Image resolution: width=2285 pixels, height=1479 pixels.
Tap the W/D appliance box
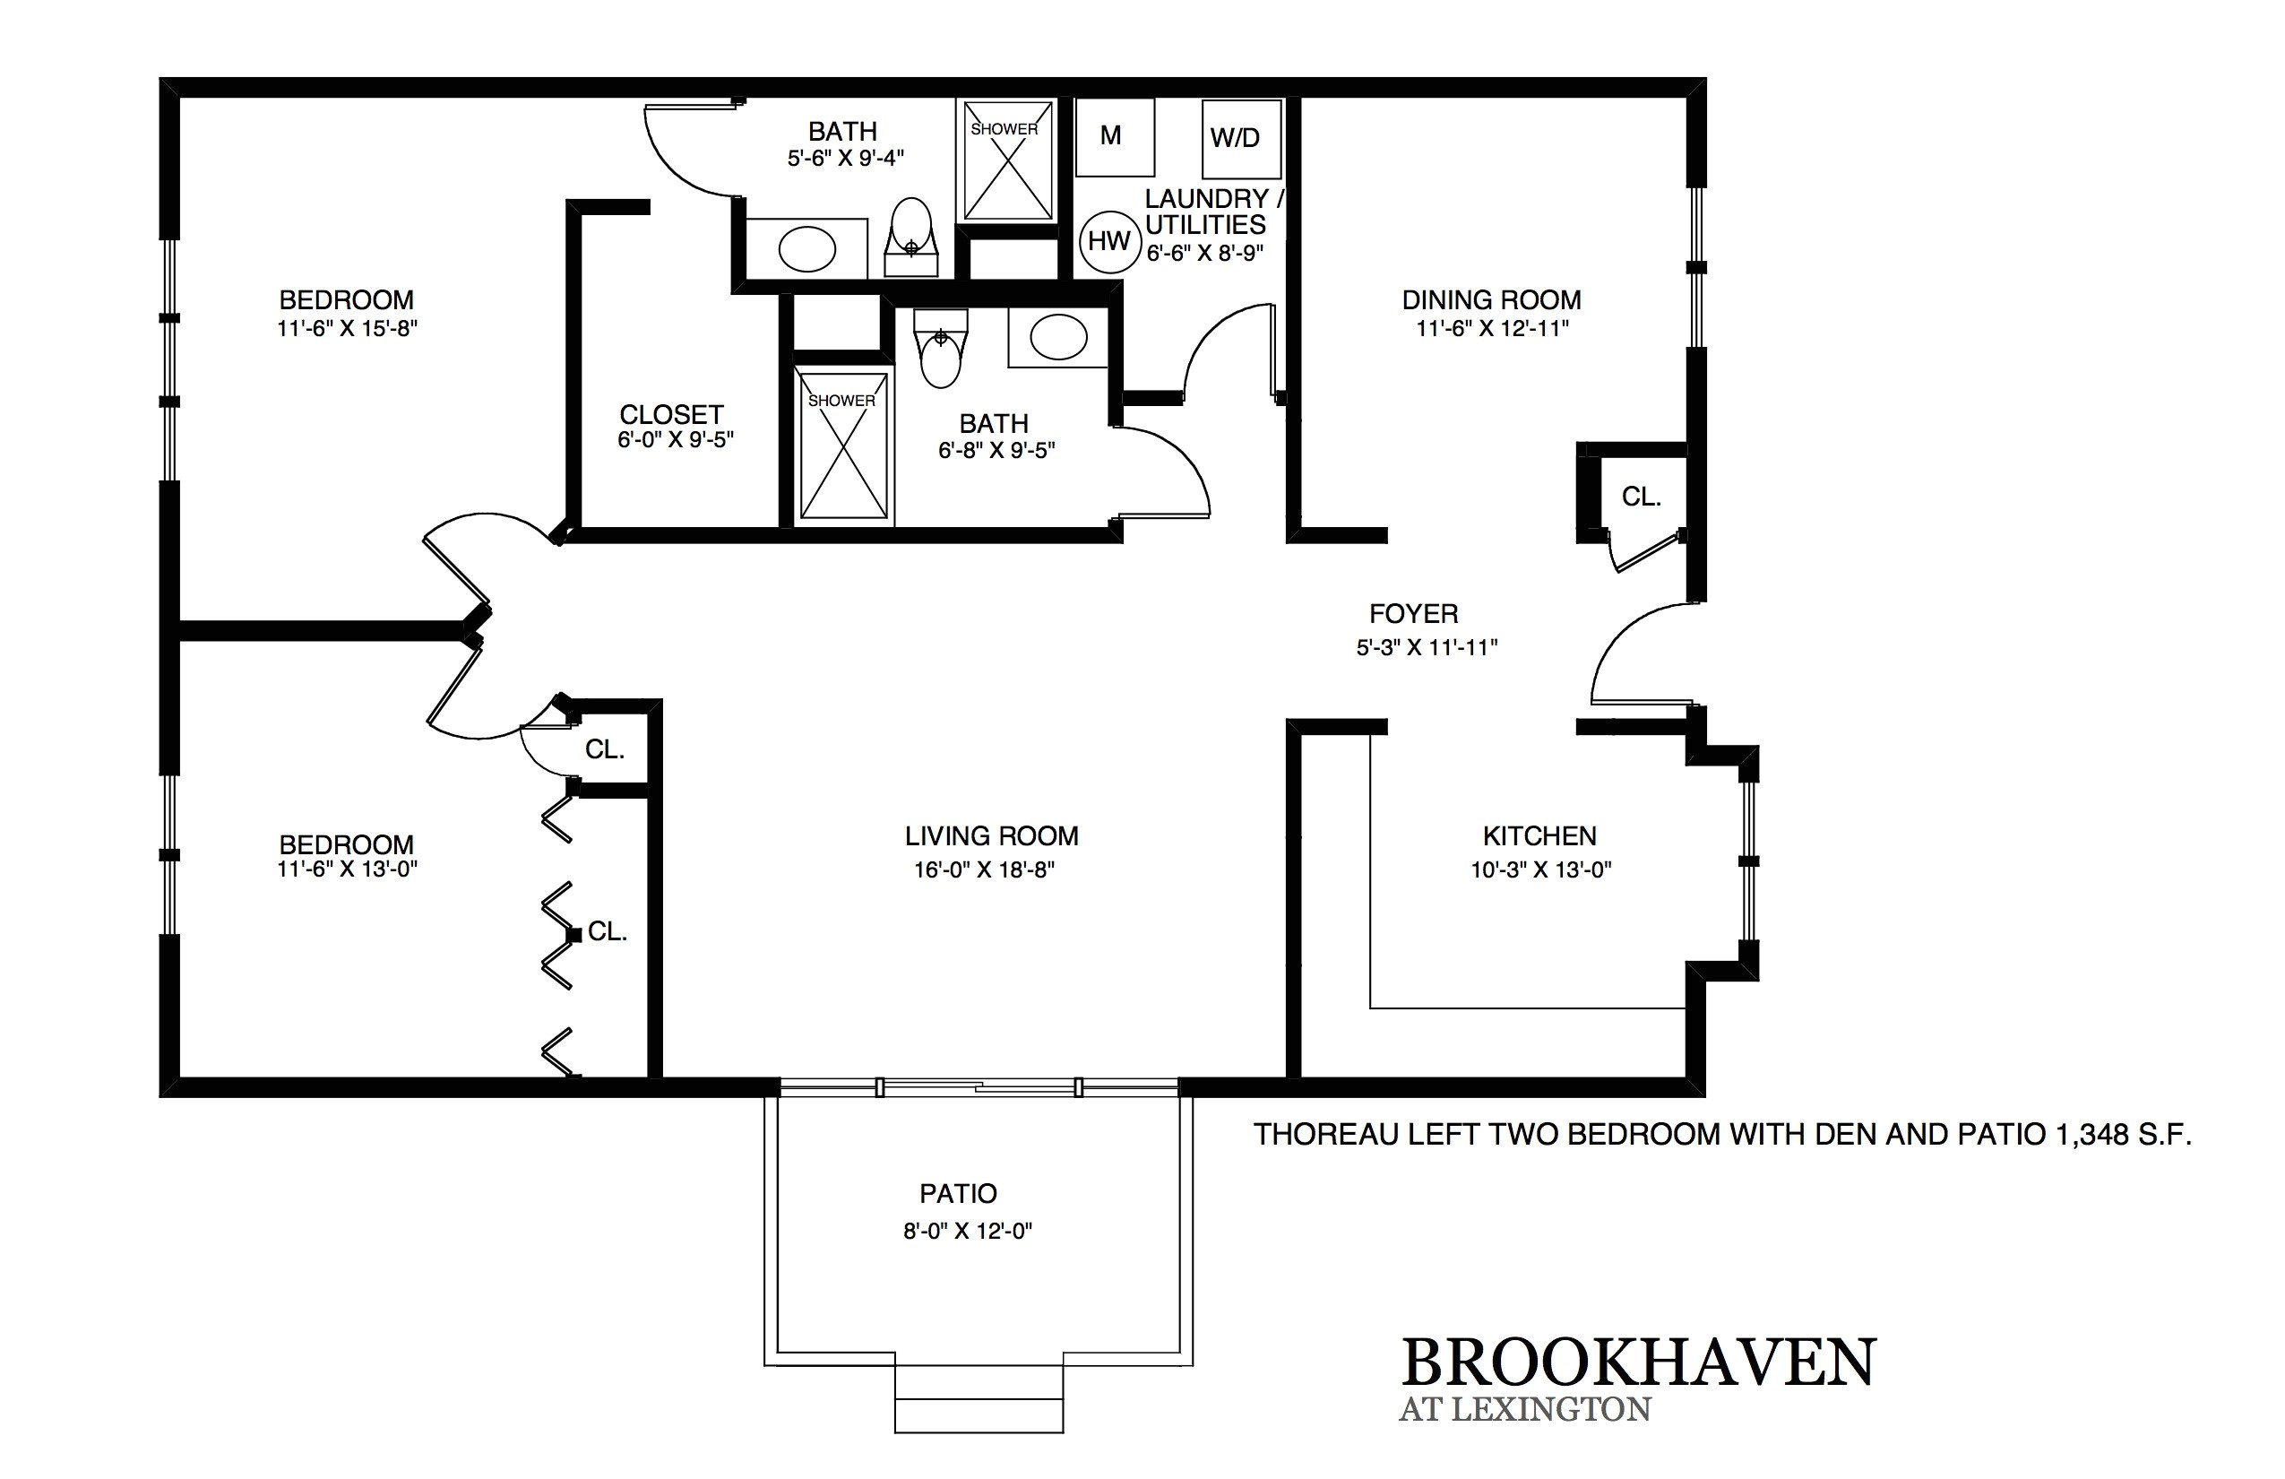click(x=1240, y=138)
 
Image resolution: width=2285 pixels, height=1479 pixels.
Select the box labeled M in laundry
click(x=1114, y=136)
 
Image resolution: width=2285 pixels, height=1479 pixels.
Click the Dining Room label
click(x=1491, y=299)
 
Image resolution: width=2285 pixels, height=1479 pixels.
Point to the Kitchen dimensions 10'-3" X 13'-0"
click(x=1540, y=870)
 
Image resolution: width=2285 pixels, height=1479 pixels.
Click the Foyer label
click(x=1413, y=614)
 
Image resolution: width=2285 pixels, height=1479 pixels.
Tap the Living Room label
click(x=991, y=835)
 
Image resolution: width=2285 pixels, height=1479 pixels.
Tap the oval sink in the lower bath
click(x=1058, y=337)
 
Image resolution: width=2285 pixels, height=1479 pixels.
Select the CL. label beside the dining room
click(x=1641, y=497)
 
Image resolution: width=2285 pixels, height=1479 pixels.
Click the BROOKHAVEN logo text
click(x=1637, y=1362)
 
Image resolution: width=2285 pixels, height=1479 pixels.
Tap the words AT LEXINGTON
click(x=1524, y=1410)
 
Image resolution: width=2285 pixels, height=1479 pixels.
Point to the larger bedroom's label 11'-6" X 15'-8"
click(x=347, y=328)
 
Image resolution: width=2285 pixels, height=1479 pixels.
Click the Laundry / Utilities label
click(x=1213, y=212)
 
